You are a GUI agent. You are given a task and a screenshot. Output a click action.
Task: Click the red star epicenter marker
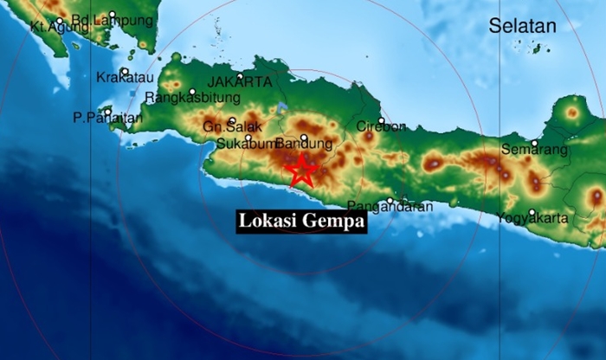[301, 170]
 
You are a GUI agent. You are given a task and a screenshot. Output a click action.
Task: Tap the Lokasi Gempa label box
[302, 222]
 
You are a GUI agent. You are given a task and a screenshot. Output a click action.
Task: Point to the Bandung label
[304, 144]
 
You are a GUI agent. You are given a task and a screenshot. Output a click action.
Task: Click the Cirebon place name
[381, 127]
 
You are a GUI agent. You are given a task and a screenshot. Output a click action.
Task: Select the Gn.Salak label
[226, 128]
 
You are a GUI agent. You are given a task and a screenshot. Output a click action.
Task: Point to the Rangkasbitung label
[187, 98]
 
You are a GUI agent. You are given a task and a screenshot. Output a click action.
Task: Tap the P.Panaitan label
[96, 117]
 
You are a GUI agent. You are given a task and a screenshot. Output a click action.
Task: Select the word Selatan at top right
[522, 27]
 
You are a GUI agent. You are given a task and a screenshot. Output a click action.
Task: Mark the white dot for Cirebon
[381, 120]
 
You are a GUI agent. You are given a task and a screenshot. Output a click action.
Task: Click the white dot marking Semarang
[535, 143]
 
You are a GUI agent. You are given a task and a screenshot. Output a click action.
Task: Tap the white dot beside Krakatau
[126, 71]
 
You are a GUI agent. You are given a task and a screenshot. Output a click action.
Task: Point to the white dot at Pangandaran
[390, 201]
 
